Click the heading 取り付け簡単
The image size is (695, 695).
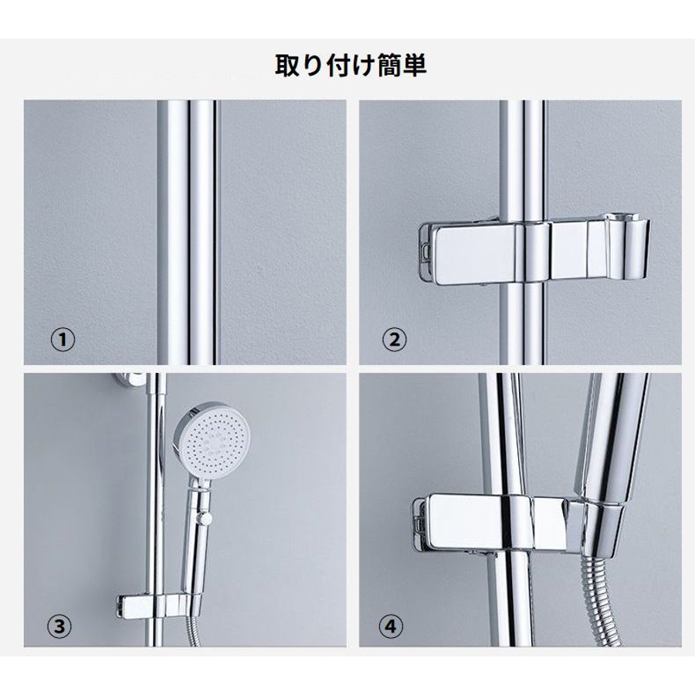(351, 66)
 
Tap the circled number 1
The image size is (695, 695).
(63, 340)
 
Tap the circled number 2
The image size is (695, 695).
(394, 340)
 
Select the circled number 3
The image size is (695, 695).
(59, 626)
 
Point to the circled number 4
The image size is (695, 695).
(391, 626)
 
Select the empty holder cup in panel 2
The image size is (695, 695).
(629, 247)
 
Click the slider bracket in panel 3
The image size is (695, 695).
(156, 605)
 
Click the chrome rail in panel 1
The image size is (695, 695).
(188, 232)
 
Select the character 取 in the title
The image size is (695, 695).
(288, 66)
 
